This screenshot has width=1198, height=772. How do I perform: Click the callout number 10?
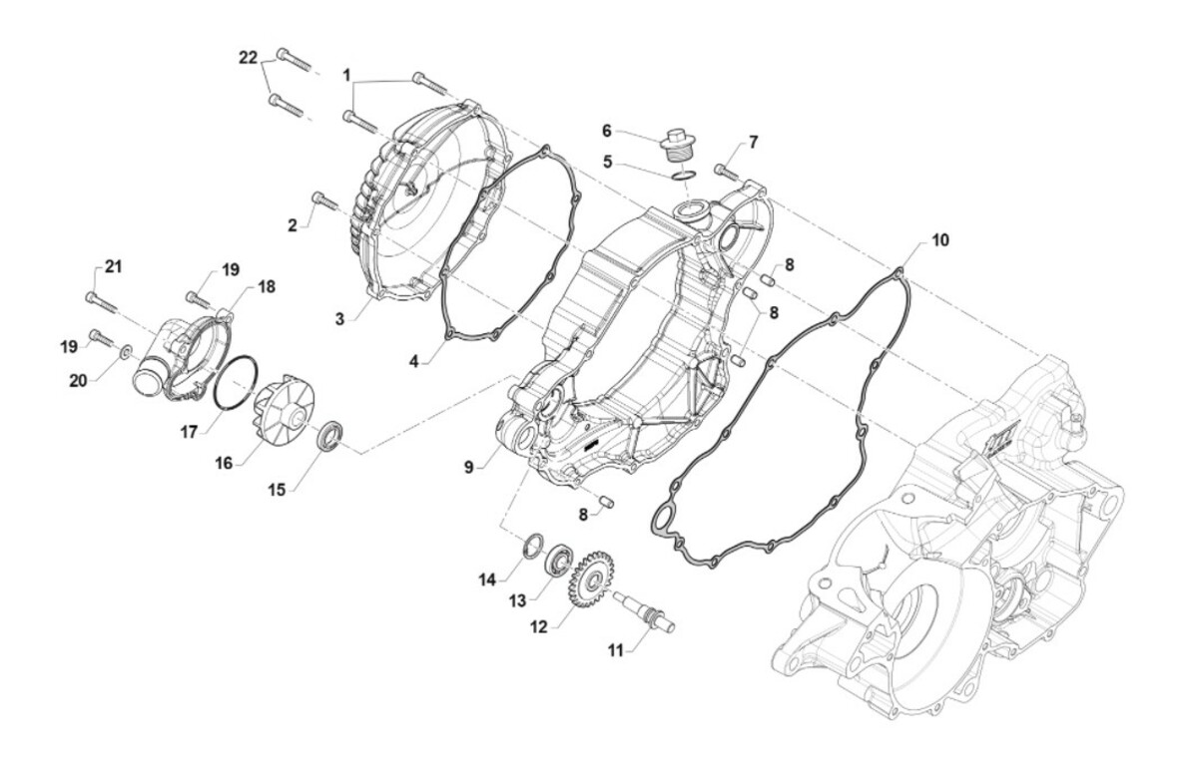point(940,240)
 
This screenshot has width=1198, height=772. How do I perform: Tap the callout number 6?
point(606,130)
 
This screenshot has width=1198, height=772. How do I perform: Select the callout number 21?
point(113,265)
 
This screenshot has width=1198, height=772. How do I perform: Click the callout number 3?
point(339,318)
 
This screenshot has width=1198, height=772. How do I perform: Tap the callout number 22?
point(248,60)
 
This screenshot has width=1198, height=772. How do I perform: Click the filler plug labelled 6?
point(683,144)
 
